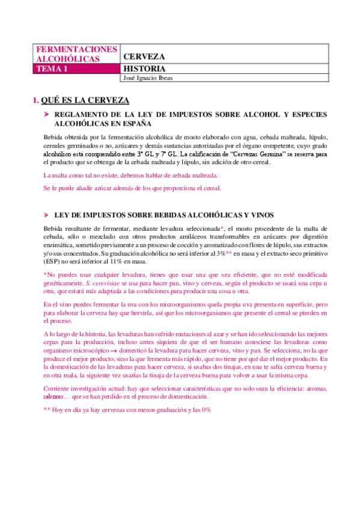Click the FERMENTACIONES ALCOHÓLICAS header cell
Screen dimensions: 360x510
(76, 54)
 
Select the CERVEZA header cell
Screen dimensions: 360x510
(144, 57)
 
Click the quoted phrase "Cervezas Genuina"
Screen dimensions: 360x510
(273, 154)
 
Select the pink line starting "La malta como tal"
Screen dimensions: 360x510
(130, 176)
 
